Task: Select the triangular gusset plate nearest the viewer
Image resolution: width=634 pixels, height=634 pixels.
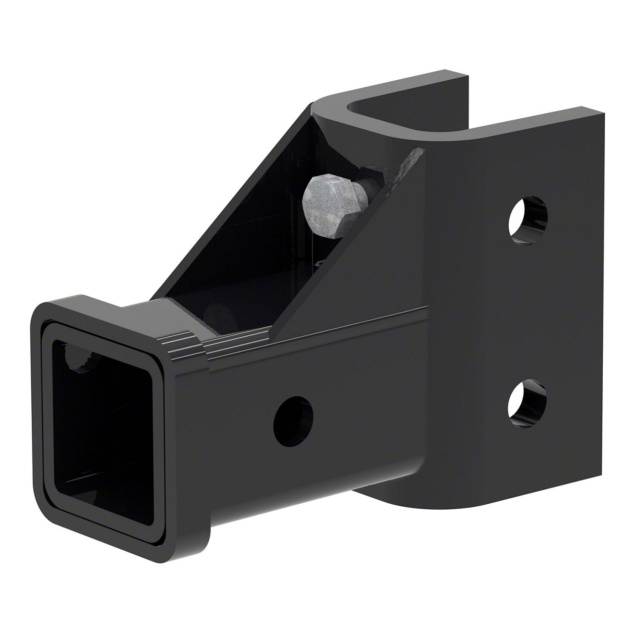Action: (376, 258)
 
